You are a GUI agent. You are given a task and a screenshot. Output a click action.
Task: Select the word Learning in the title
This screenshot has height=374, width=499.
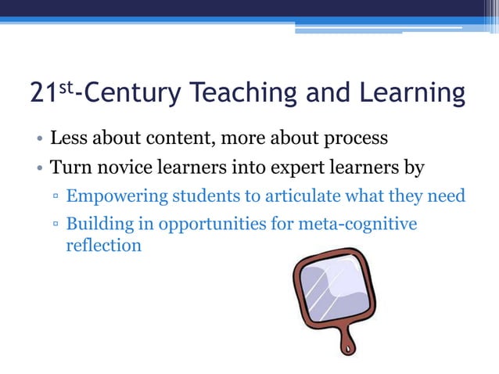411,93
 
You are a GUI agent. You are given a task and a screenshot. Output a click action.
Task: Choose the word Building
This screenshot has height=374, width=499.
95,225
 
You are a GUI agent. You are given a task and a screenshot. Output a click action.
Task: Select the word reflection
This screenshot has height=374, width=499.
103,245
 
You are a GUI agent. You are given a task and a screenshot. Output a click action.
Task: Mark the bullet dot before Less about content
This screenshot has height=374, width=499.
38,141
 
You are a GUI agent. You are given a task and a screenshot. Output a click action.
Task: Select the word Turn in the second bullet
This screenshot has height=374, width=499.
68,167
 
